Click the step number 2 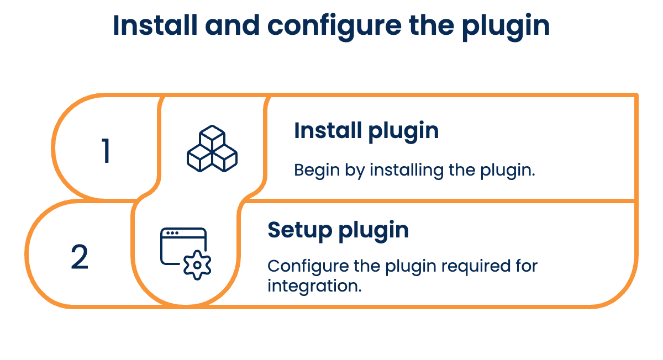[x=80, y=257]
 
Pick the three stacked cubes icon [x=212, y=149]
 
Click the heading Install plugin [x=366, y=131]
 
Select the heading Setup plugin [x=338, y=230]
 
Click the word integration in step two [x=314, y=286]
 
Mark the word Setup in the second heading [x=299, y=230]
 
